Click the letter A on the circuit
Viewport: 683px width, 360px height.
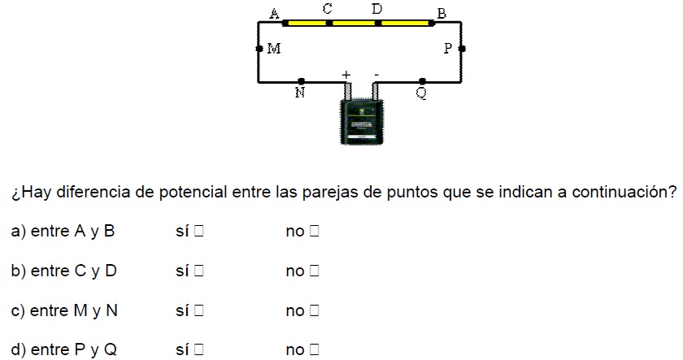275,13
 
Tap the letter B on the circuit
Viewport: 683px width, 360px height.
442,13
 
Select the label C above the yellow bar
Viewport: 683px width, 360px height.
327,9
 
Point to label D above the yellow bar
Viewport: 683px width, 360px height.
377,9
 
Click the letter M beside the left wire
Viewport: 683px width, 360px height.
274,49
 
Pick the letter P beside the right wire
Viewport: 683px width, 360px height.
448,49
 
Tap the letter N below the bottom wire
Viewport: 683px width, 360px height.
299,93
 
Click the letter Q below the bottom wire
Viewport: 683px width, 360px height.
421,93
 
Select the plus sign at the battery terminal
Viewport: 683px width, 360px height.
346,75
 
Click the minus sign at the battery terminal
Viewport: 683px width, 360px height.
376,75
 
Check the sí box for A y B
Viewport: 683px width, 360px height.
198,232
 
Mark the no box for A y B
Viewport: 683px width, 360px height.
315,232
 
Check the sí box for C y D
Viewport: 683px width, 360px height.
198,271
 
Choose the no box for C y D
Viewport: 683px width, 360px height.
315,271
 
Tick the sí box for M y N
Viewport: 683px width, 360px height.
198,310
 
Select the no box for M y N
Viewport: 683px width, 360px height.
315,310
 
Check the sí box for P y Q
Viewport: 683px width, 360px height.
198,350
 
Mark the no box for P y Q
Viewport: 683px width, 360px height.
315,350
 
